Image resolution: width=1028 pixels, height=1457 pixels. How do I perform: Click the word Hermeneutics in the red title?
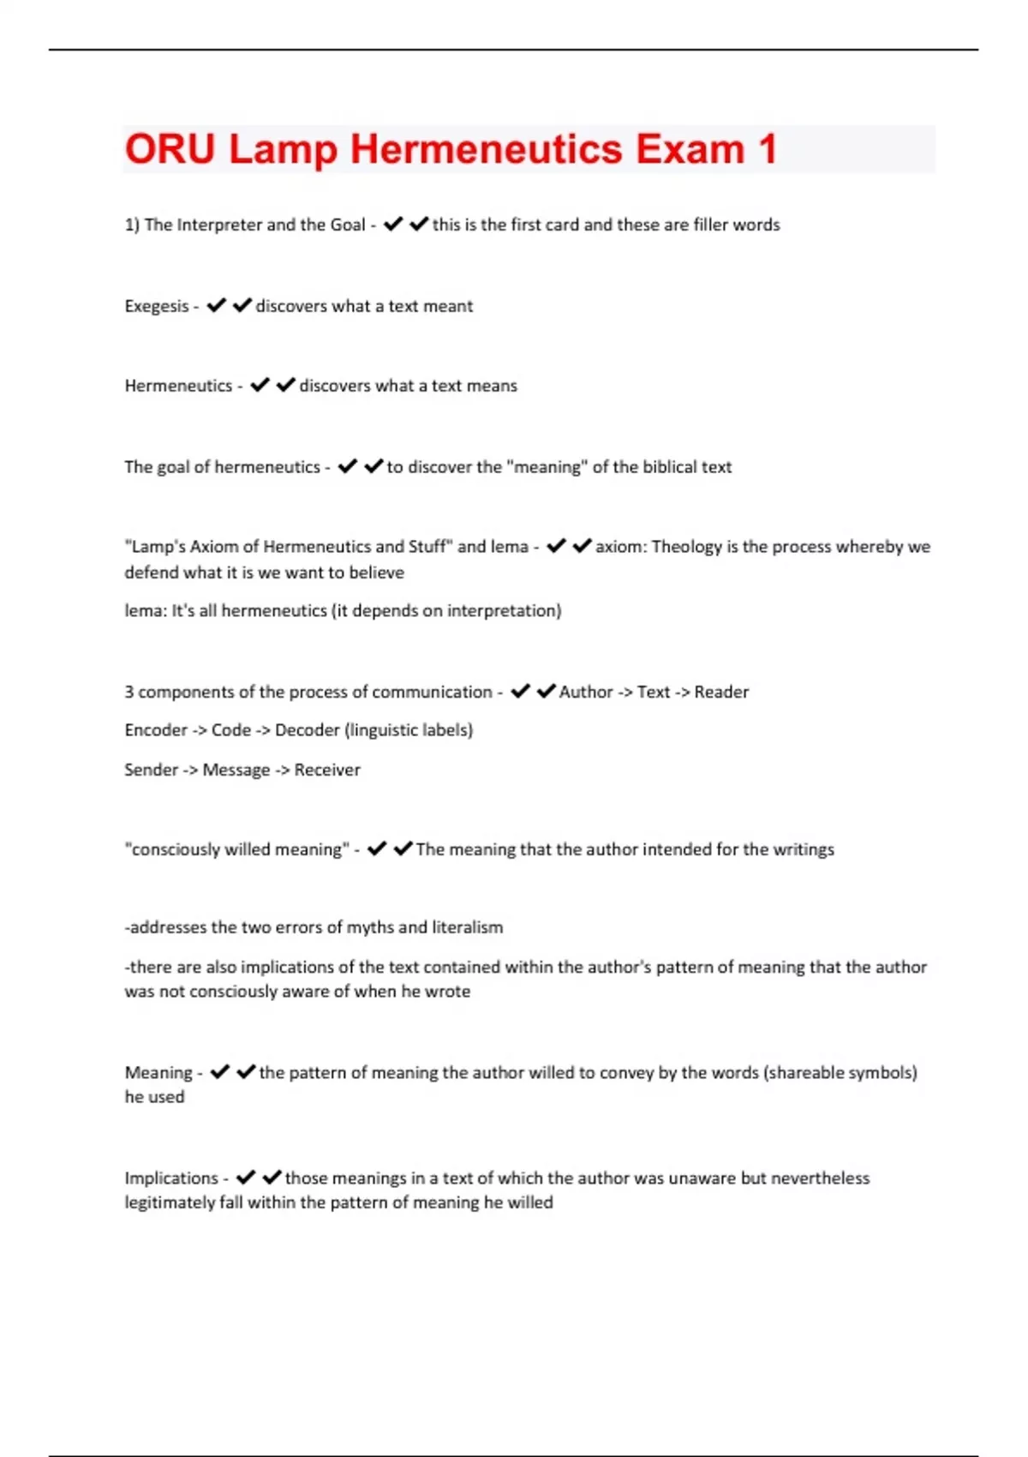click(486, 149)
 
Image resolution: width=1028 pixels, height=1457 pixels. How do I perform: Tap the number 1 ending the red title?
click(767, 149)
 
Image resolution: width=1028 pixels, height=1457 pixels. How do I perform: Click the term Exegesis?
click(156, 306)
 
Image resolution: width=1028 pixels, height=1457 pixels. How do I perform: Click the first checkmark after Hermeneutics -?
click(260, 385)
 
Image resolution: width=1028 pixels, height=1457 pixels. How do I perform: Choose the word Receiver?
click(327, 770)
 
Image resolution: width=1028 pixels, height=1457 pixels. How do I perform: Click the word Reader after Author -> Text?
click(721, 692)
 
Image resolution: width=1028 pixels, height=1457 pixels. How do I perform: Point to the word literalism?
click(467, 927)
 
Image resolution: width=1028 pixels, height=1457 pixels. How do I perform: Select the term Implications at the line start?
click(171, 1178)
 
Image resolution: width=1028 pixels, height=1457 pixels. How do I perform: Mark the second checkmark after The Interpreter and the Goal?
click(419, 224)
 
